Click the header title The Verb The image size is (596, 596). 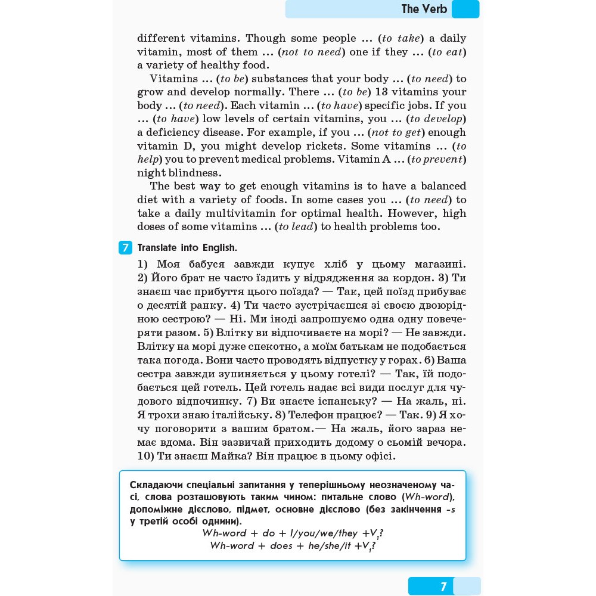point(424,9)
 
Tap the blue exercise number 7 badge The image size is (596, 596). point(125,248)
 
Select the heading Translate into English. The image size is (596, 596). point(187,248)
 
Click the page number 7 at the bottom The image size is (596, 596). point(443,586)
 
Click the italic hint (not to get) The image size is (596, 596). point(396,132)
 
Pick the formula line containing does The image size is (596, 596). point(293,546)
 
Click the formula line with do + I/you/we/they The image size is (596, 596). point(293,533)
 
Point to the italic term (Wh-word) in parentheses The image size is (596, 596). point(428,497)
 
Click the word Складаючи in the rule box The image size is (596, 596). point(157,485)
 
